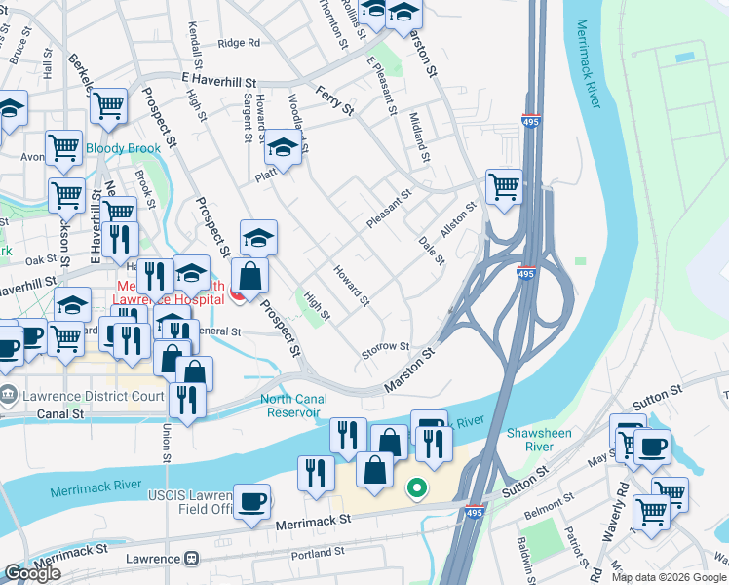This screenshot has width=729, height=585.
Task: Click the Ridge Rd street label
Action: click(x=239, y=43)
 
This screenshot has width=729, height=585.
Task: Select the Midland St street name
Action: click(x=420, y=137)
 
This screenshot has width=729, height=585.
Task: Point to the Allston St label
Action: click(x=457, y=214)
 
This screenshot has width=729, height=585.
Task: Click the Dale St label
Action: click(x=431, y=250)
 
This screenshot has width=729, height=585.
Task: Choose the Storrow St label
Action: click(x=385, y=347)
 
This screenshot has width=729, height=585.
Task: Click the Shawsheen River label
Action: click(x=536, y=440)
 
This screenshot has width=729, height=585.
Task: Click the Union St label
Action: click(x=167, y=444)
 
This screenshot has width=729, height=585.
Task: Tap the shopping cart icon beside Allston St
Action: click(x=504, y=185)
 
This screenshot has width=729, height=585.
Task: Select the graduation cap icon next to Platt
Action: click(x=283, y=147)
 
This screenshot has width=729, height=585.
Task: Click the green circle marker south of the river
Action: click(x=416, y=487)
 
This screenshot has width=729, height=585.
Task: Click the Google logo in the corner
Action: click(x=32, y=573)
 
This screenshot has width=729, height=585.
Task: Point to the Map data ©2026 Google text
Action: click(x=669, y=577)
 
